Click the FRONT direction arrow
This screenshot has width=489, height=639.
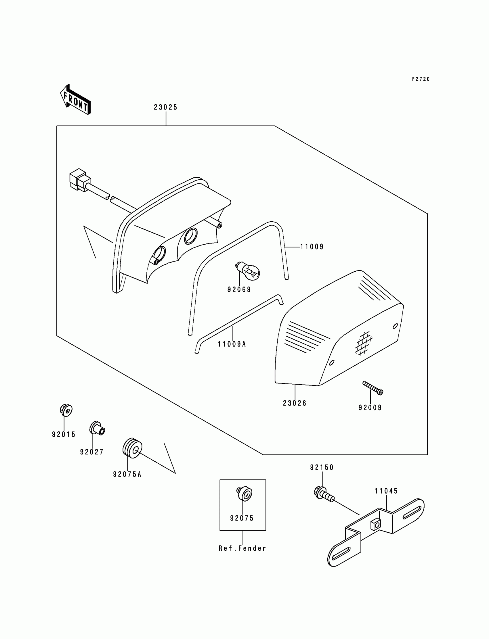click(75, 99)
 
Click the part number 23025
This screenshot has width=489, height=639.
click(166, 107)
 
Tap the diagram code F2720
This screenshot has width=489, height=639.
click(421, 79)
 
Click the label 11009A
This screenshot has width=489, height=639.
click(232, 344)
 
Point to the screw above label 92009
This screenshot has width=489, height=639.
click(373, 388)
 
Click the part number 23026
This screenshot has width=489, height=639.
click(295, 403)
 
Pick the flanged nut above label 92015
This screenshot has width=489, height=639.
click(66, 410)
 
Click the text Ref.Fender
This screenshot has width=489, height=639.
click(242, 548)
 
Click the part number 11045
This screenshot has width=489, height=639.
click(386, 491)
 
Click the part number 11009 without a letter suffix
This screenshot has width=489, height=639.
click(312, 247)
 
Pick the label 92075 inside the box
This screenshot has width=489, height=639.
click(242, 518)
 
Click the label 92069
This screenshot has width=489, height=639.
click(239, 289)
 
